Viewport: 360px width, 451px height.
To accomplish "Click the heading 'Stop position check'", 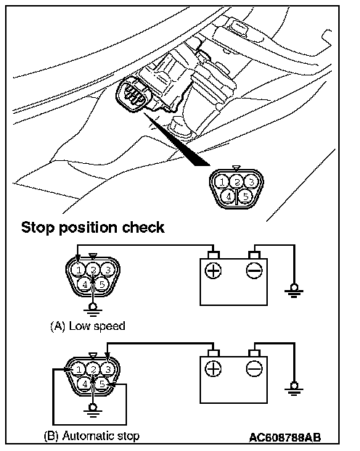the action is (93, 228).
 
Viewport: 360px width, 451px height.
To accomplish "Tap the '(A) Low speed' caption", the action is (88, 326).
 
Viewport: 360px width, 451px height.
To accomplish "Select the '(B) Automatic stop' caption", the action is (91, 436).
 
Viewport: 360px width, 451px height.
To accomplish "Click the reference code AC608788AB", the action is (285, 437).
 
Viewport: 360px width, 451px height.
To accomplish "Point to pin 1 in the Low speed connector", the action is (78, 270).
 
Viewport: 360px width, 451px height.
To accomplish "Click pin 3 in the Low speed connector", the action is (107, 270).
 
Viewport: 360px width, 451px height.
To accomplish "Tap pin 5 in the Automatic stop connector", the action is (102, 384).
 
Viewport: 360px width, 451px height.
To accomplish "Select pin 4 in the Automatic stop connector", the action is (85, 384).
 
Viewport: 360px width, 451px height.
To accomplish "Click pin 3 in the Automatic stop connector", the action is (107, 369).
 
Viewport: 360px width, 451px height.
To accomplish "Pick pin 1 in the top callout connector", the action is (222, 182).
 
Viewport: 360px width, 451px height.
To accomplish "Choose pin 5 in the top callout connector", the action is (245, 196).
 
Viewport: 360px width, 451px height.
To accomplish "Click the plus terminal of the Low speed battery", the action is (213, 270).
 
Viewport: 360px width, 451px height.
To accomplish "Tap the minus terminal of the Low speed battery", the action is (254, 270).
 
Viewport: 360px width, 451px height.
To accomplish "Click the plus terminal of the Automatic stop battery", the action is (213, 368).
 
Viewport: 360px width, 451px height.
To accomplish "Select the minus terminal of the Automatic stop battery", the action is (254, 368).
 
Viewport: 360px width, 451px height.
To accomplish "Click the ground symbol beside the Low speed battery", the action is (294, 291).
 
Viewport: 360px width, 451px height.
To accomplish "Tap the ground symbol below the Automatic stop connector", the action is (92, 410).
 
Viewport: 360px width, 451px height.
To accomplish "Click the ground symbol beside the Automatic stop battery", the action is (294, 389).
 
